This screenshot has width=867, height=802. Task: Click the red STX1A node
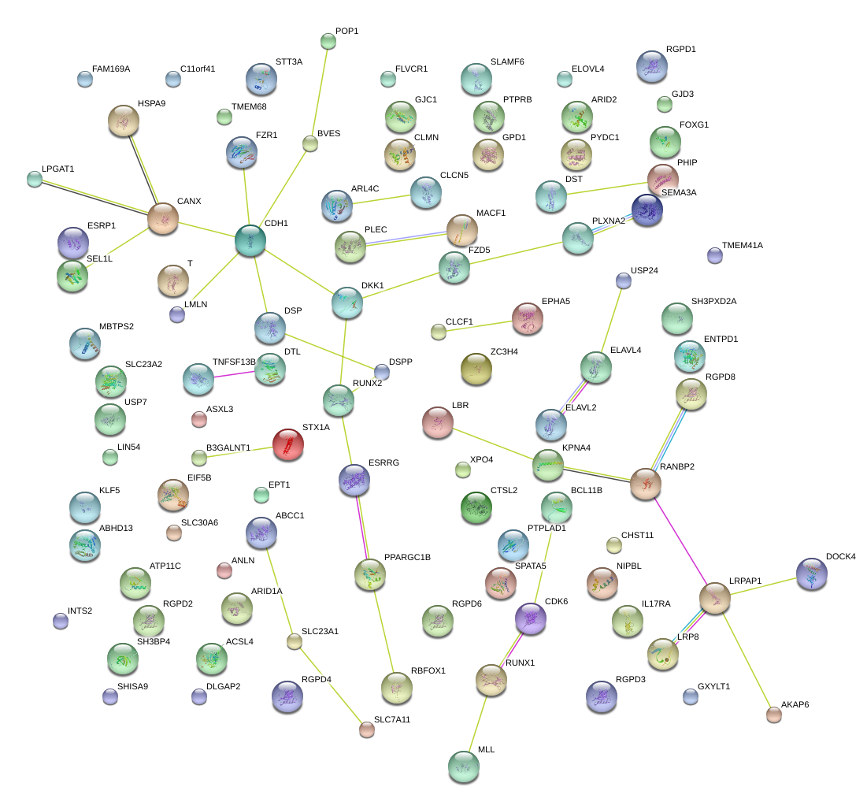(288, 444)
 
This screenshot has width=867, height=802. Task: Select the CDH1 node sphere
(250, 240)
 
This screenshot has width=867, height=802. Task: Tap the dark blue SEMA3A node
(647, 210)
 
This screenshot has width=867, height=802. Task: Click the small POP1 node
(328, 41)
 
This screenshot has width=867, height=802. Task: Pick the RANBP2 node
(645, 484)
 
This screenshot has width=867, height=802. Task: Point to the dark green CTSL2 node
(476, 507)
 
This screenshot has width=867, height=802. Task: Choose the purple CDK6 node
(530, 618)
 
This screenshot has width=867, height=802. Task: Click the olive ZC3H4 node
(476, 369)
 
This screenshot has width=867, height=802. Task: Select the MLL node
(463, 767)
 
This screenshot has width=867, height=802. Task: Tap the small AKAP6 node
(773, 715)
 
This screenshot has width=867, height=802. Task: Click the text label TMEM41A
(742, 245)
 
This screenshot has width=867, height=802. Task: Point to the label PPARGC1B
(407, 557)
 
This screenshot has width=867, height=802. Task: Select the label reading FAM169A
(110, 69)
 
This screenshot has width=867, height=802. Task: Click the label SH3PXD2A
(713, 301)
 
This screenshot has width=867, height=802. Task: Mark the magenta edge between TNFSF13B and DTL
(234, 374)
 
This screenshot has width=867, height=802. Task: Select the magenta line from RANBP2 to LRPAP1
(680, 541)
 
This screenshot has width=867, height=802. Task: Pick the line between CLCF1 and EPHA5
(479, 326)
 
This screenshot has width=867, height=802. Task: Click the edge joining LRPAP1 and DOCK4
(763, 586)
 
